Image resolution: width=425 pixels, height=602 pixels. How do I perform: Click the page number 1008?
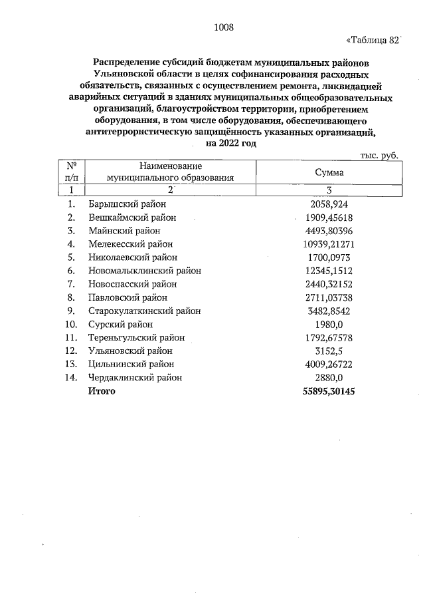(224, 27)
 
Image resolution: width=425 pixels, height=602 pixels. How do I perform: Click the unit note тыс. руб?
(379, 154)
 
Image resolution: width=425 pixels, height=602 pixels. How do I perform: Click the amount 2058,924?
(329, 204)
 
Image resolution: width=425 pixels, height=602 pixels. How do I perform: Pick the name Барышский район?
(127, 204)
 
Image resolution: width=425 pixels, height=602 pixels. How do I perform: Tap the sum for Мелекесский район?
(329, 243)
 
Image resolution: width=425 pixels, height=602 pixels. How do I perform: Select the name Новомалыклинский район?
(144, 271)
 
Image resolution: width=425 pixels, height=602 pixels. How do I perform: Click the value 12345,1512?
(329, 271)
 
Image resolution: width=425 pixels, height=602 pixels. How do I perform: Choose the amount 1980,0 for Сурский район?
(329, 324)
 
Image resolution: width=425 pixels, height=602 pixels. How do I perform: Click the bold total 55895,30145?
(329, 391)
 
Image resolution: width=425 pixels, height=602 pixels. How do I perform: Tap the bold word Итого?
(102, 391)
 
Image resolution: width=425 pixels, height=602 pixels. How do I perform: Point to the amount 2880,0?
(329, 378)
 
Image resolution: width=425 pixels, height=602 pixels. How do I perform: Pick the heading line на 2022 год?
(230, 143)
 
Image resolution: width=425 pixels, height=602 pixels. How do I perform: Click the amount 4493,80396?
(329, 230)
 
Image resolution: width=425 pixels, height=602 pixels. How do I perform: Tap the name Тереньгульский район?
(136, 337)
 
